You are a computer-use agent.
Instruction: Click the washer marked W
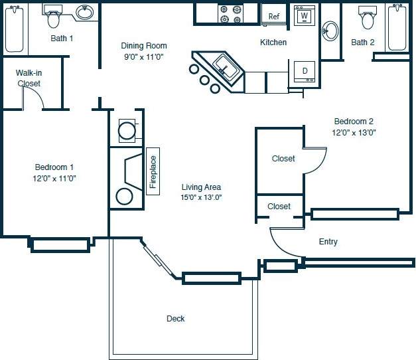(304, 15)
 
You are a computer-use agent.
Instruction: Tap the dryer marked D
(305, 71)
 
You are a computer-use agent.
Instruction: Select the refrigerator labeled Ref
(274, 17)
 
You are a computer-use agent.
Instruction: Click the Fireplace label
(153, 172)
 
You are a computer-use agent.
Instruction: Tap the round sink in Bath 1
(84, 13)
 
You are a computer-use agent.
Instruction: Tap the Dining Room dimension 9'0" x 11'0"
(143, 56)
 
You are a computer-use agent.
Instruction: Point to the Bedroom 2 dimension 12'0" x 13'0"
(354, 132)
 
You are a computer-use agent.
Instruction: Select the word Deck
(176, 319)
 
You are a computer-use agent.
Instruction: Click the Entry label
(328, 242)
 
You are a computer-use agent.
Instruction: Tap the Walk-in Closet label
(29, 78)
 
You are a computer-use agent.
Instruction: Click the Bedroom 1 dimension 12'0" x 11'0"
(56, 178)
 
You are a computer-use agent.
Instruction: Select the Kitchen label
(273, 43)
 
